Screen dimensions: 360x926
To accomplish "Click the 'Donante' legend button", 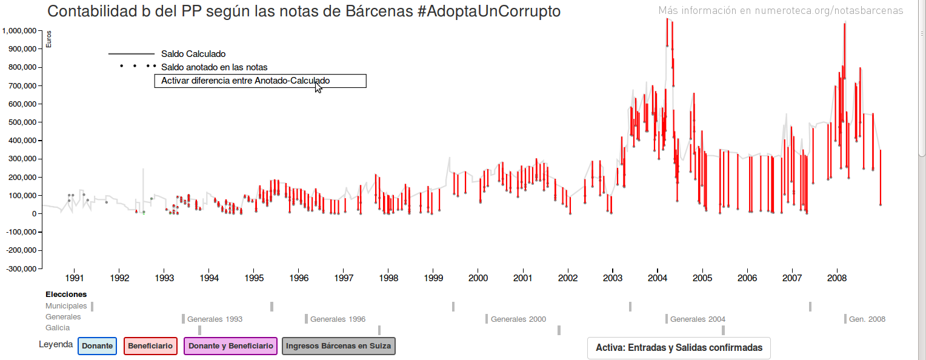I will [x=97, y=346].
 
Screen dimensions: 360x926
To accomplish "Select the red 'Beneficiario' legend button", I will [x=150, y=346].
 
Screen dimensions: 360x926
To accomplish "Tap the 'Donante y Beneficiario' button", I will [x=230, y=346].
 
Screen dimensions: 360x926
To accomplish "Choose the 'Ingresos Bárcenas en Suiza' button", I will [x=339, y=346].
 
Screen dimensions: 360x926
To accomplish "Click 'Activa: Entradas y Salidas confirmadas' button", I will [x=679, y=348].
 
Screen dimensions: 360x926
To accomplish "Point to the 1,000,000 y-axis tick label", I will [x=21, y=30].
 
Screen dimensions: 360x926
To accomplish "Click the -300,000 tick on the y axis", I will [x=21, y=268].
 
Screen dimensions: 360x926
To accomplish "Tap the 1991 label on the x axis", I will [x=75, y=278].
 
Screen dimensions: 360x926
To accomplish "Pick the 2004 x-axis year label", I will [x=658, y=278].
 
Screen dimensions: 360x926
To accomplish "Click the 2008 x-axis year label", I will [x=837, y=278].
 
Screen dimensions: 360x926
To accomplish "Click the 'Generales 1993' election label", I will [x=215, y=319].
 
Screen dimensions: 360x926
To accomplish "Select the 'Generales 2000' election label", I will [x=518, y=319].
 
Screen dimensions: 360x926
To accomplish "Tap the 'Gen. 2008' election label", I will [x=867, y=319].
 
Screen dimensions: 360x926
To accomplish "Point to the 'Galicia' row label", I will [x=58, y=328].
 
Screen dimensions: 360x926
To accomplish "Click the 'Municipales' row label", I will [x=66, y=306].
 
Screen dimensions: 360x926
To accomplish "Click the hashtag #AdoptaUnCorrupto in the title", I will [x=488, y=12].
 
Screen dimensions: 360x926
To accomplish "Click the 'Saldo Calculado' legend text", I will [x=193, y=54].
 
